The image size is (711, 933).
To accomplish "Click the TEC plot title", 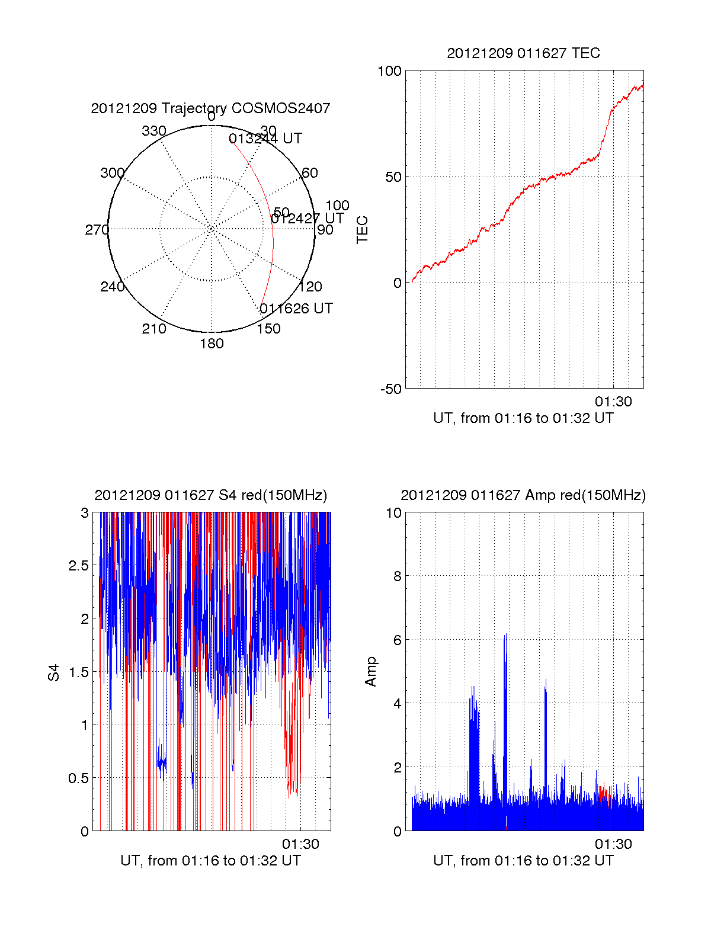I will click(523, 53).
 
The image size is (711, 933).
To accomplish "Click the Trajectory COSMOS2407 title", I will click(210, 108).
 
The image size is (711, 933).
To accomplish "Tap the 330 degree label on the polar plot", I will click(153, 131).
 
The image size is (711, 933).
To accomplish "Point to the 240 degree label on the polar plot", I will click(112, 287).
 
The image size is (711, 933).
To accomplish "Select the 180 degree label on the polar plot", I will click(212, 344).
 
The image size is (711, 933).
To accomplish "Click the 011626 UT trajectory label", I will click(296, 309).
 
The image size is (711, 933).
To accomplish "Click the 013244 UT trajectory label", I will click(265, 139).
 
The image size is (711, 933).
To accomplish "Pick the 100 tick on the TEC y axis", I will click(389, 71).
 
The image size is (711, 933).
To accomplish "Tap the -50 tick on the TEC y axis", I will click(390, 389).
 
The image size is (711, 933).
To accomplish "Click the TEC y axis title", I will click(362, 230).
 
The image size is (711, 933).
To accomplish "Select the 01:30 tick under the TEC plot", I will click(613, 402).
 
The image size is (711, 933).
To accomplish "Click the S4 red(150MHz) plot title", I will click(210, 495).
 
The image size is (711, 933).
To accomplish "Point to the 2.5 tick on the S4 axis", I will click(78, 566).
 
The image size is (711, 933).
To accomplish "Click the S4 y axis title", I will click(54, 672).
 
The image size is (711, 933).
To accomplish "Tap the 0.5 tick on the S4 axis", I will click(78, 778).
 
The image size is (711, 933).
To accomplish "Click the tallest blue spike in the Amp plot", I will click(505, 637).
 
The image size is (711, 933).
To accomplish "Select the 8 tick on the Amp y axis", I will click(398, 576).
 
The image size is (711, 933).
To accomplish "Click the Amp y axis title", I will click(371, 672).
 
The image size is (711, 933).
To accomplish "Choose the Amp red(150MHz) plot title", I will click(523, 495).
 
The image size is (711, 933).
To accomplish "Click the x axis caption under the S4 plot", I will click(210, 861).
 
